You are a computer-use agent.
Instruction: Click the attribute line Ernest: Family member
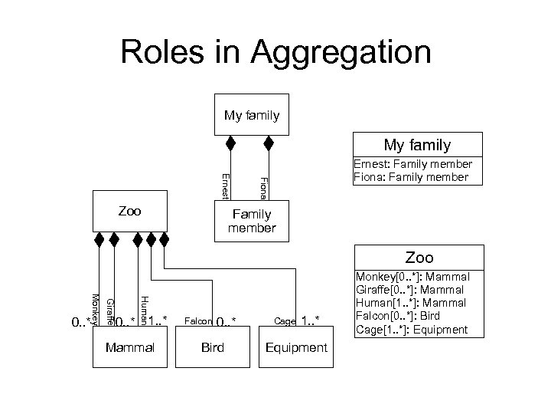coord(412,164)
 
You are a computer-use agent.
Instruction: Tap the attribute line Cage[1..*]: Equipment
coord(412,330)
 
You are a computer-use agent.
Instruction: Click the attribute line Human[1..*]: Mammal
coord(412,303)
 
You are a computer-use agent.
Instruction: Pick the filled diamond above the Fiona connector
coord(269,143)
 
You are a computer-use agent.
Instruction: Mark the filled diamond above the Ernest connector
coord(230,143)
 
